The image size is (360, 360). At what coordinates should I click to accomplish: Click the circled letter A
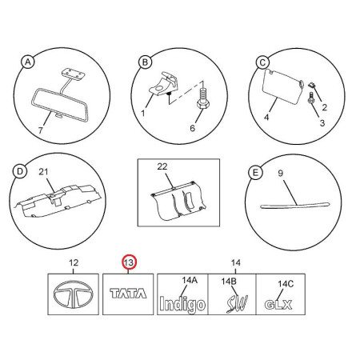28,62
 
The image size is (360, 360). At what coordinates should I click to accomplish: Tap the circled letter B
145,62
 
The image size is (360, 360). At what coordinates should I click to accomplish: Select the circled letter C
262,63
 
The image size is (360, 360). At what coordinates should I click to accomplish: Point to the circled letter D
20,171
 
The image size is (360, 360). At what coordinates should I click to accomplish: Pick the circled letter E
255,173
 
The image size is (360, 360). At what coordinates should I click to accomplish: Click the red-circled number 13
129,262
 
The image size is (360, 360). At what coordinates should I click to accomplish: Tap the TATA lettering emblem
128,294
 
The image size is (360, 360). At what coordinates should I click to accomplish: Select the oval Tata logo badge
74,294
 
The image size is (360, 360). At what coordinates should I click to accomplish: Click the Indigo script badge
182,304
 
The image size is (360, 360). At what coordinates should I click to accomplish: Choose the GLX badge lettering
278,305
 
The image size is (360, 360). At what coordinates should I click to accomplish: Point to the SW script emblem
237,304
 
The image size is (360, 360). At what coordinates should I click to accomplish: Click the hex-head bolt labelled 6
203,98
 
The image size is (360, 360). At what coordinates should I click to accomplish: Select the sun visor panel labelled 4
283,86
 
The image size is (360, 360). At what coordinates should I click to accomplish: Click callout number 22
162,166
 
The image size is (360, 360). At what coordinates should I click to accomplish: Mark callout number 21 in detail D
43,172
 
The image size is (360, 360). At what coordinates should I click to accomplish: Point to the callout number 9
280,174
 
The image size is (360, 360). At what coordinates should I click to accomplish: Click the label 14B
229,281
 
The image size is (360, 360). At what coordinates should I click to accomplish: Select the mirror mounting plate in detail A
72,74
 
